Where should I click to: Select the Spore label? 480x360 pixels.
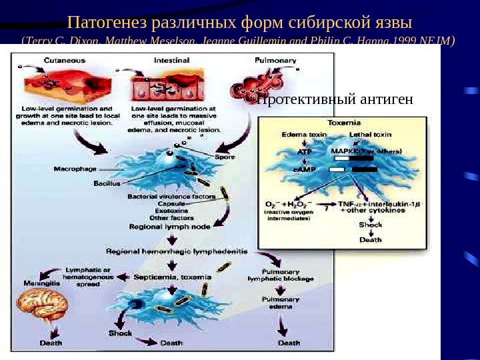coord(225,157)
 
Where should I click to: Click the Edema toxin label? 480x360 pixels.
coord(303,135)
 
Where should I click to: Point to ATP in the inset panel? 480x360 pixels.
coord(303,151)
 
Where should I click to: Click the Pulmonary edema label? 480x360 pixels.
coord(280,303)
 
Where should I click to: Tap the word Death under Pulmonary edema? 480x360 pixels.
coord(289,343)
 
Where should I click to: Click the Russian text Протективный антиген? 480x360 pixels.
coord(335,100)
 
